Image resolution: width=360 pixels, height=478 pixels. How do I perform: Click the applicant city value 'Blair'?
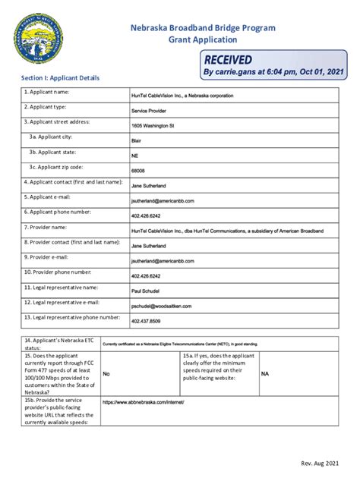[137, 140]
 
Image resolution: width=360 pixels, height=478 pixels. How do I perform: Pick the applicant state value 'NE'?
[135, 156]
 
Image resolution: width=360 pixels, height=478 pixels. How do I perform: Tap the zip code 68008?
[138, 171]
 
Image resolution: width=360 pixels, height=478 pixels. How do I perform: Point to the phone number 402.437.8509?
[146, 321]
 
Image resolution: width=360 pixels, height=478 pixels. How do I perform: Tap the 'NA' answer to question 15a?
[265, 374]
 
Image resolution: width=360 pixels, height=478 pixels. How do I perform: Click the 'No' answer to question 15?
[106, 374]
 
